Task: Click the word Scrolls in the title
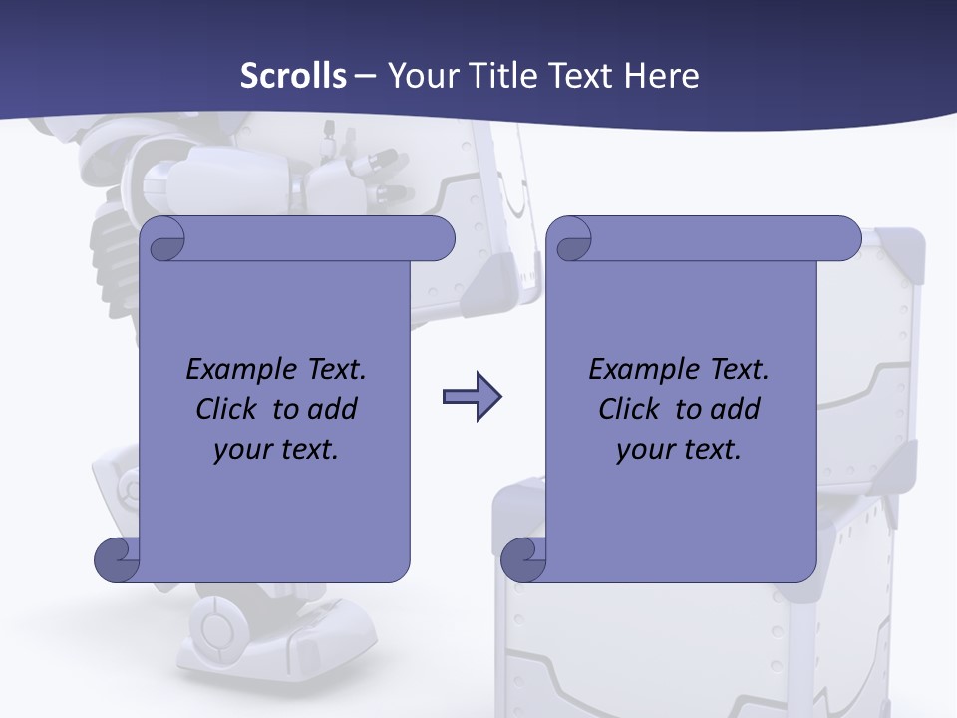coord(294,76)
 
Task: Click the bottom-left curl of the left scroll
coord(117,559)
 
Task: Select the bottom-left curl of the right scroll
coord(523,559)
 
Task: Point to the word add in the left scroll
coord(332,409)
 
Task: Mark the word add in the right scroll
coord(735,409)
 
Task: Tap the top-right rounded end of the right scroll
coord(841,238)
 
